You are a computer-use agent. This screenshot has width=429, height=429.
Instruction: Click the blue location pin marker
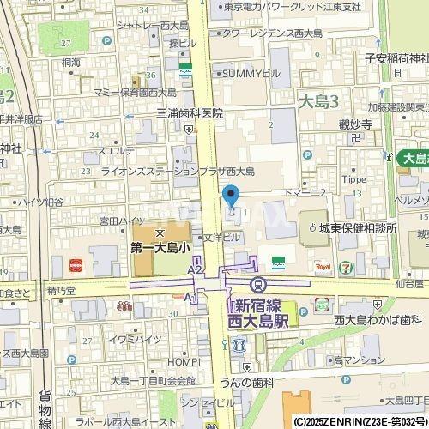coord(230,196)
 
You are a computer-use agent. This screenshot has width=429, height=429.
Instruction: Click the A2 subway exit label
coord(194,269)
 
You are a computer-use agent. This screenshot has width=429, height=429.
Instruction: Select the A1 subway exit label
coord(190,298)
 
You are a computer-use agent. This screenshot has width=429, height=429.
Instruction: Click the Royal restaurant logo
coord(323,267)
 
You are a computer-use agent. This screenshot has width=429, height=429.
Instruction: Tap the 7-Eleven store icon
coord(345,267)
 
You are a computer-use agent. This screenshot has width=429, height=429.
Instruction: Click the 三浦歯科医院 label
coord(177,113)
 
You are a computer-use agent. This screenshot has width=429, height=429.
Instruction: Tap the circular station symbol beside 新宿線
coord(255,284)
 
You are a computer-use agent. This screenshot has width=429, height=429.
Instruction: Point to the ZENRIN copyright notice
coord(360,422)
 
